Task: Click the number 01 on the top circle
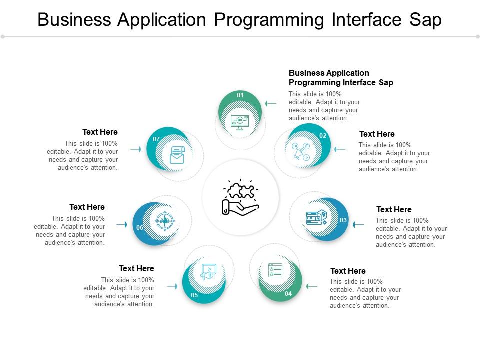point(240,95)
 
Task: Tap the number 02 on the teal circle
point(323,136)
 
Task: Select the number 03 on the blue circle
point(343,220)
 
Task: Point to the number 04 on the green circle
point(288,294)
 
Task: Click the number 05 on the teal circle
point(194,295)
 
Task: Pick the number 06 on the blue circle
point(140,228)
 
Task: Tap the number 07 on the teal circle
point(156,139)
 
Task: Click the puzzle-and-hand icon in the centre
point(240,198)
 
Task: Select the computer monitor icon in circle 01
point(240,122)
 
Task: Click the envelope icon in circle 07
point(177,154)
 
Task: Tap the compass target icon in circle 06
point(164,221)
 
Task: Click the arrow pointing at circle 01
point(271,104)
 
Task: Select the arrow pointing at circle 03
point(358,225)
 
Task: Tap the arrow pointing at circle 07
point(135,149)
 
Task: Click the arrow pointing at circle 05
point(172,286)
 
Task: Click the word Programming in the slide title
point(268,20)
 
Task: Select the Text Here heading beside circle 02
point(377,134)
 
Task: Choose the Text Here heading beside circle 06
point(87,207)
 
